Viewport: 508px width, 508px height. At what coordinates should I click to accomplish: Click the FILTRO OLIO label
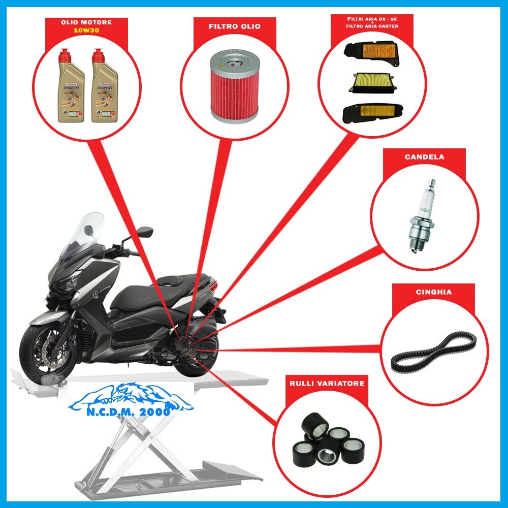pyautogui.click(x=234, y=26)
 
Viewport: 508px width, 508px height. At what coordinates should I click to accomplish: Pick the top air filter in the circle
pyautogui.click(x=372, y=54)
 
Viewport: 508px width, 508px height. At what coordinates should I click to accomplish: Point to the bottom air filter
pyautogui.click(x=373, y=111)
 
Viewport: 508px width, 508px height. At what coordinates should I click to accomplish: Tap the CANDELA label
pyautogui.click(x=424, y=157)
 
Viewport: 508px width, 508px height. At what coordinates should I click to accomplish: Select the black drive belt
pyautogui.click(x=434, y=351)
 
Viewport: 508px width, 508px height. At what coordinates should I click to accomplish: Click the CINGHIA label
pyautogui.click(x=433, y=292)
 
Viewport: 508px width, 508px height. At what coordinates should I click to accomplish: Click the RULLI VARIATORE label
pyautogui.click(x=327, y=384)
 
